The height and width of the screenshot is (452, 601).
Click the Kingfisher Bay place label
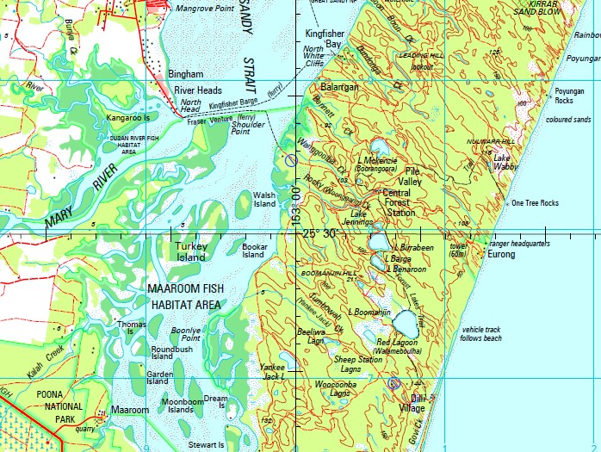(324, 38)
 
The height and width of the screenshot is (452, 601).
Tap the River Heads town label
(198, 90)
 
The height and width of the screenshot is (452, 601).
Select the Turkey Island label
(190, 251)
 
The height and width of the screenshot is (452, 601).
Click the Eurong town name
(501, 255)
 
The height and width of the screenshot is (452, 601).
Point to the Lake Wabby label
(505, 163)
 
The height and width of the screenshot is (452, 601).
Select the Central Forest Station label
(406, 203)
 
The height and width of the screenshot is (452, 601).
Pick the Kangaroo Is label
(128, 117)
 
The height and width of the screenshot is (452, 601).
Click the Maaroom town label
(129, 411)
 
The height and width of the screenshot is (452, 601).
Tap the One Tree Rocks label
(535, 203)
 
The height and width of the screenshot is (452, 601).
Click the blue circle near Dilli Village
(393, 383)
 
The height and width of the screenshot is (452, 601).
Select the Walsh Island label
(263, 200)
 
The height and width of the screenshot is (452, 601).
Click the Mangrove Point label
(205, 9)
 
